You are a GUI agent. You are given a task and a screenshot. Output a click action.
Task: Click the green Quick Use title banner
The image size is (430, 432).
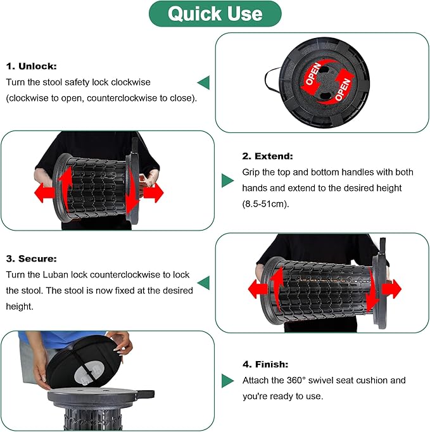click(x=215, y=14)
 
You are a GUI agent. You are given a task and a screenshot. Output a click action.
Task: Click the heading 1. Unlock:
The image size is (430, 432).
click(x=32, y=66)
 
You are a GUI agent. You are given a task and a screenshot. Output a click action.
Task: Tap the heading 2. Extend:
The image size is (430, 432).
click(x=267, y=156)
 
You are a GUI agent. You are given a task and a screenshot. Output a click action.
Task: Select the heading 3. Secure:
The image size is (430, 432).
click(x=32, y=258)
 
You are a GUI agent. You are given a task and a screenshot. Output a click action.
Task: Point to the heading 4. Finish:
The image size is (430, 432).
click(x=265, y=364)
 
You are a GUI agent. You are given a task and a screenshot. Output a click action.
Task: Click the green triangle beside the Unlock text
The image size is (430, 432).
click(x=203, y=82)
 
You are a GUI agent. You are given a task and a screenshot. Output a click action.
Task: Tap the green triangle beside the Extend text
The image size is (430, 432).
click(x=227, y=181)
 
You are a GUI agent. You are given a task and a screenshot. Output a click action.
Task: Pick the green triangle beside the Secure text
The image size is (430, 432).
click(x=203, y=283)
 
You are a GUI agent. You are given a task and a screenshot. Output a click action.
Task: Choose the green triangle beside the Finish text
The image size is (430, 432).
click(x=227, y=381)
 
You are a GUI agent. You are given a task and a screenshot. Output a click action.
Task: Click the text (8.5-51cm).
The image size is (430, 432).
click(x=265, y=204)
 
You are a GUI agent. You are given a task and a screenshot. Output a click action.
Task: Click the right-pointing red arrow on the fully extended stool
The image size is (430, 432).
click(x=392, y=289)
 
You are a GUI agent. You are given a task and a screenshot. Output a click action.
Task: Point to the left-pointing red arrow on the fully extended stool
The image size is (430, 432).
click(x=258, y=289)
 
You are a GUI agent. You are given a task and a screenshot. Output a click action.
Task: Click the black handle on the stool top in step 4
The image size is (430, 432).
click(x=145, y=394)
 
